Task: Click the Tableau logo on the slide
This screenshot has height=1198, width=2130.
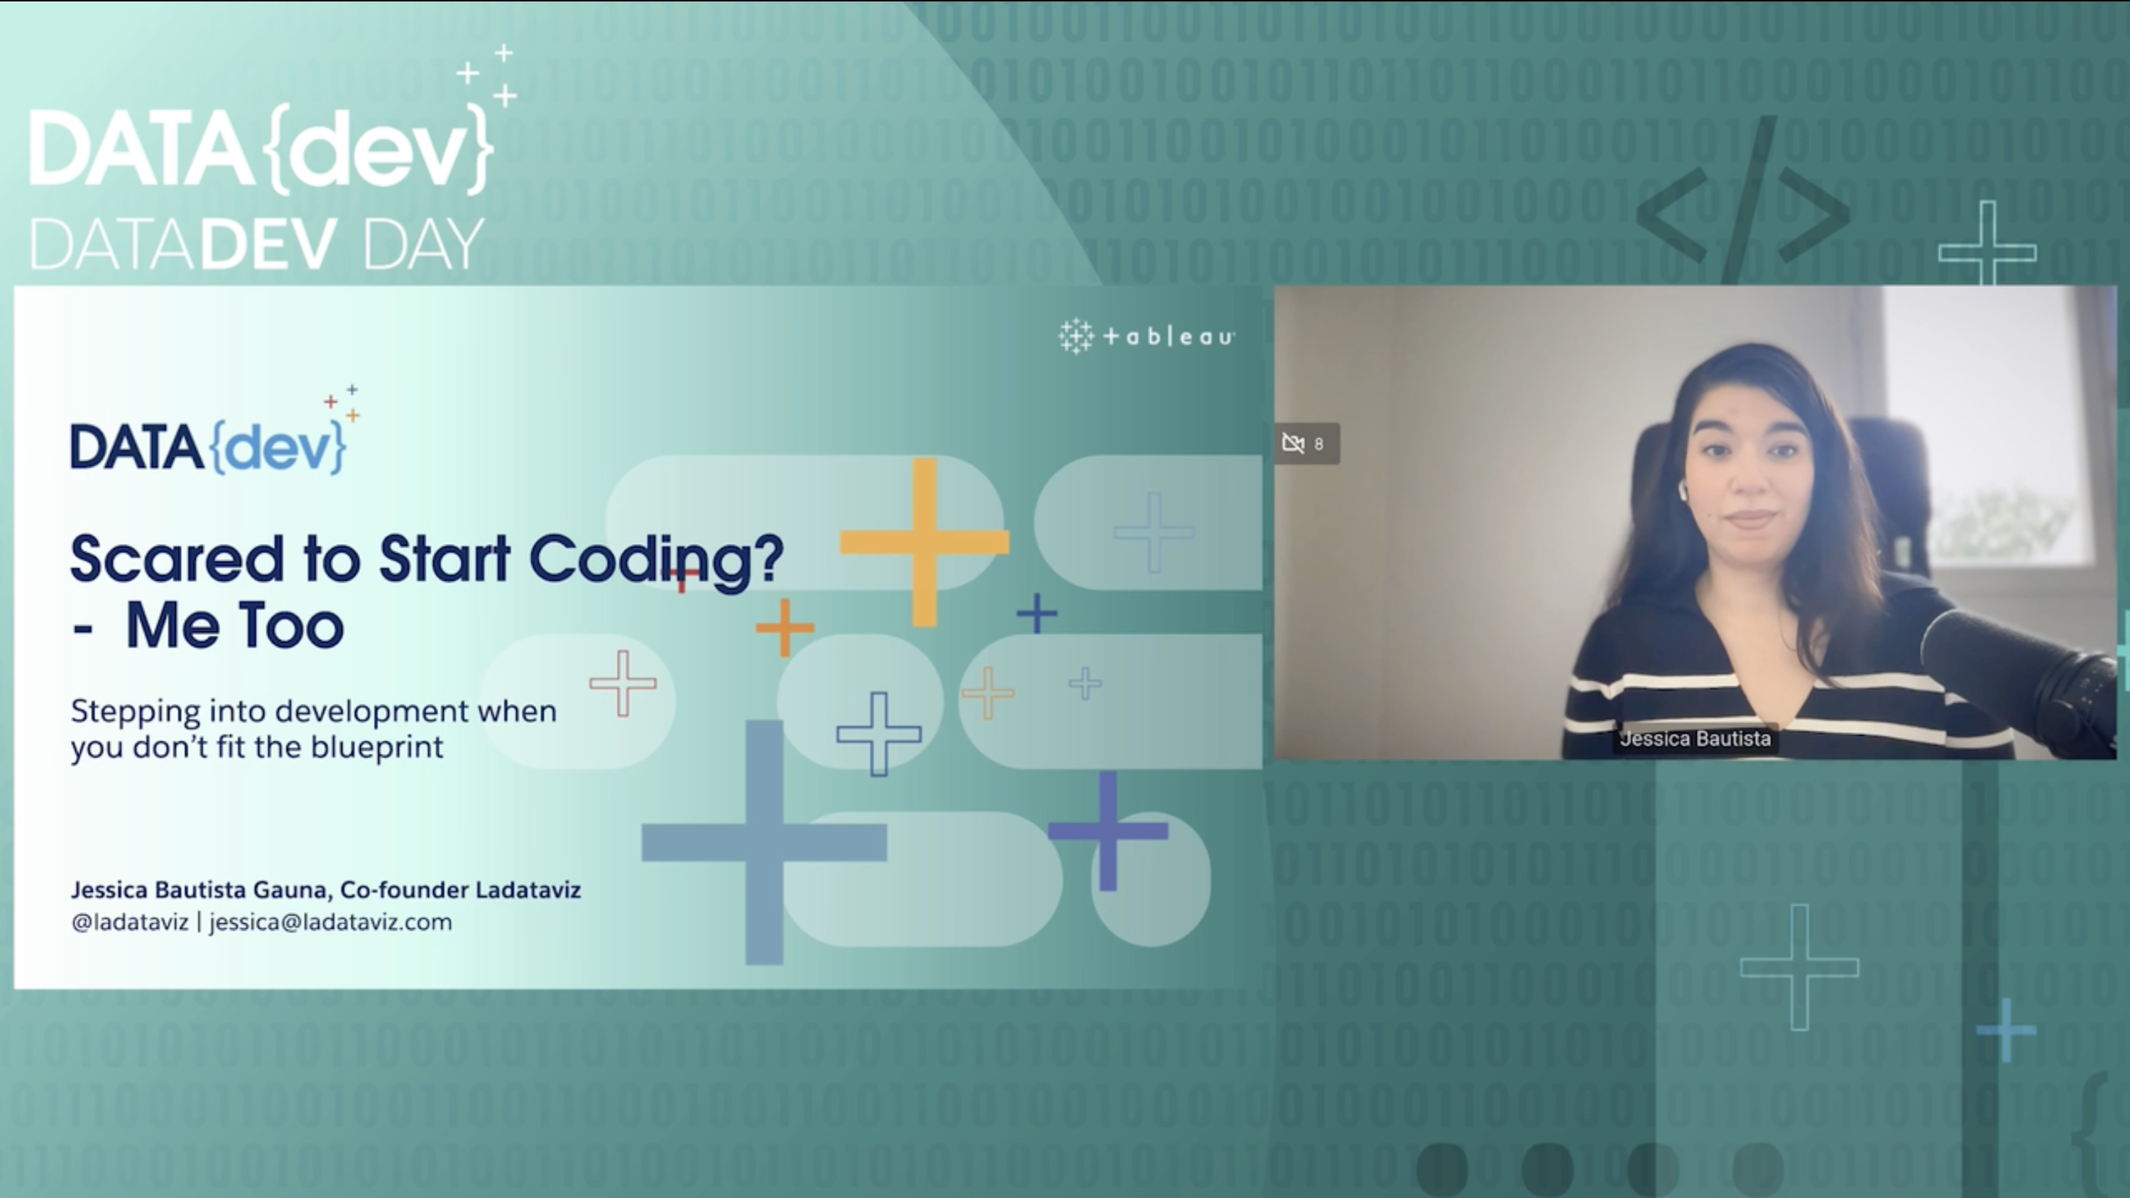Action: coord(1147,337)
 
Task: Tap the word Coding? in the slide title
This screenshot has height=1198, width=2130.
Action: coord(657,562)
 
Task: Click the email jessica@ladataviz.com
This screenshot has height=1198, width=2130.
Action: coord(331,922)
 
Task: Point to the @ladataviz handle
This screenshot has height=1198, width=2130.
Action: coord(130,922)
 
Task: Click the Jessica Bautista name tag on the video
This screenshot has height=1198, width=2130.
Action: coord(1695,739)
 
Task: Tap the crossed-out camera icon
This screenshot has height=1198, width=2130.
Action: coord(1293,444)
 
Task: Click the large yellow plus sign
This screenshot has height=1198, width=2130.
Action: coord(924,543)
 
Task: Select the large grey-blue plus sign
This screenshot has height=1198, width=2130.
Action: coord(764,842)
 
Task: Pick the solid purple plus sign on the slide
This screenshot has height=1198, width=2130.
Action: coord(1108,830)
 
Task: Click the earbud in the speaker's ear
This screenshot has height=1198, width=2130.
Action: coord(1683,492)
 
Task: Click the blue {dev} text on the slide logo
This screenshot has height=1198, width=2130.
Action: coord(278,447)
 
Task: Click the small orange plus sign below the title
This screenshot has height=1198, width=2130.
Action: coord(785,628)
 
